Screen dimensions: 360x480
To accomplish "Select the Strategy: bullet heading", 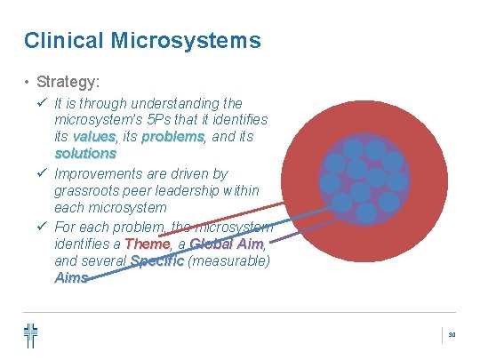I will [x=68, y=83].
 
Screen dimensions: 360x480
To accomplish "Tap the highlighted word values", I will [x=94, y=137].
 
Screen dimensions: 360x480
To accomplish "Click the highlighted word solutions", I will [x=85, y=154].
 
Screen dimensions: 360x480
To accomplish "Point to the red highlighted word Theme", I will [x=147, y=244].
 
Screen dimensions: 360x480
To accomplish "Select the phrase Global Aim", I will [x=226, y=244].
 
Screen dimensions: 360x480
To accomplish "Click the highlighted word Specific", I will [x=156, y=261].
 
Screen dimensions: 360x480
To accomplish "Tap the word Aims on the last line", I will [x=71, y=278].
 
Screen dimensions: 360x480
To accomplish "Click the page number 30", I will [x=452, y=335].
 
